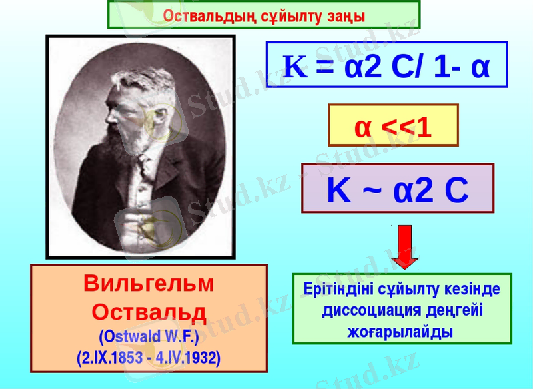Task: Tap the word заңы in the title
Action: pyautogui.click(x=345, y=15)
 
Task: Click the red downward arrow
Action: pyautogui.click(x=403, y=247)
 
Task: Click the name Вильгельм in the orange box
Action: pyautogui.click(x=149, y=283)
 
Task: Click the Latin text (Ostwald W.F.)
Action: pyautogui.click(x=149, y=334)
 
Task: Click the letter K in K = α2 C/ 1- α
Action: pyautogui.click(x=295, y=67)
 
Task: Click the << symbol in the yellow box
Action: pyautogui.click(x=393, y=126)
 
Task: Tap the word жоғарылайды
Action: pyautogui.click(x=402, y=332)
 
